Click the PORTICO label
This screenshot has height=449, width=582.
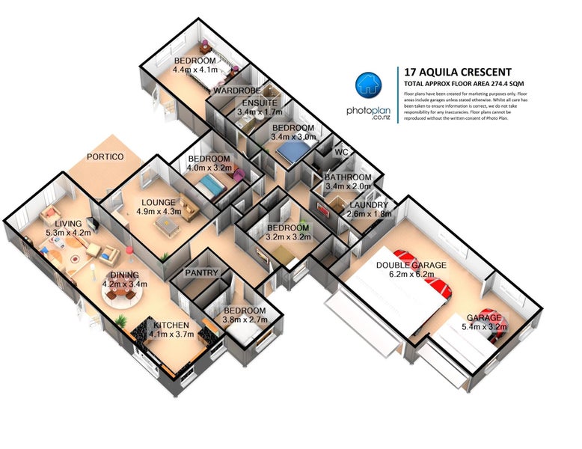coord(105,156)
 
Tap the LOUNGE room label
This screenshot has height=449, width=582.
coord(159,202)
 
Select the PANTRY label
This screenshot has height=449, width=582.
coord(201,273)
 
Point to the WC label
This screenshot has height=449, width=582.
coord(341,152)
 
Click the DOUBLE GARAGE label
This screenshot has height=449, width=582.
coord(411,265)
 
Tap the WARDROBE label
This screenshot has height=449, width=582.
coord(237,91)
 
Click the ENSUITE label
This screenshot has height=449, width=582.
coord(260,103)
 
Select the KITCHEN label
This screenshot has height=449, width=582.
coord(171,326)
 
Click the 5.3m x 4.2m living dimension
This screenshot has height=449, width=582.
coord(68,233)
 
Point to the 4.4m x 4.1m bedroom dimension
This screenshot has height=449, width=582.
coord(195,70)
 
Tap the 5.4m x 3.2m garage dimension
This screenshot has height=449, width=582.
coord(484,327)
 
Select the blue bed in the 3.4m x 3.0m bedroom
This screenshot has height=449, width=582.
coord(293,151)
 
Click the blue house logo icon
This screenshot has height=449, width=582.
coord(368,85)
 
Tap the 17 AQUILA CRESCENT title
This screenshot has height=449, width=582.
coord(458,72)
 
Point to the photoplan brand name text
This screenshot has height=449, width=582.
coord(368,111)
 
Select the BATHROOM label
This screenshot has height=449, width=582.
coord(348,177)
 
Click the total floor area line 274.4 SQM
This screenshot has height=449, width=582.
coord(464,84)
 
